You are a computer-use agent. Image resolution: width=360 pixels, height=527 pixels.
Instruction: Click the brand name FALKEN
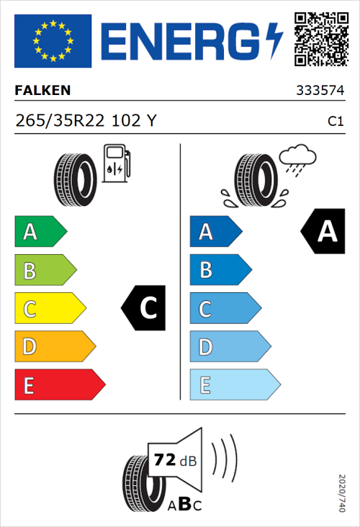pyautogui.click(x=43, y=91)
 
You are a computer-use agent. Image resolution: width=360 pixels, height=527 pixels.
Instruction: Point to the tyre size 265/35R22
pyautogui.click(x=63, y=121)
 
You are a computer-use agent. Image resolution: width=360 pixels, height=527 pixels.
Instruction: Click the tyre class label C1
pyautogui.click(x=335, y=122)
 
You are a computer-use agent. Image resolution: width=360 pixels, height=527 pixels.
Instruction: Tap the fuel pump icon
pyautogui.click(x=116, y=163)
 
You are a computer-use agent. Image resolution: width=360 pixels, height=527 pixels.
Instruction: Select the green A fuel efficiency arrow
pyautogui.click(x=40, y=232)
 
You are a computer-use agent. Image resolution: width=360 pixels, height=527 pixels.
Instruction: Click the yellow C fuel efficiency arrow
pyautogui.click(x=49, y=309)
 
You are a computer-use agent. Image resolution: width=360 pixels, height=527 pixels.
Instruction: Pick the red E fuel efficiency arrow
pyautogui.click(x=59, y=385)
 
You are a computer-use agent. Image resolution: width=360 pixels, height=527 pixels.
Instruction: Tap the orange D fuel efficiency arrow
pyautogui.click(x=54, y=347)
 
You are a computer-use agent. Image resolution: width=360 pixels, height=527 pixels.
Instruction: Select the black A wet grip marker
pyautogui.click(x=321, y=232)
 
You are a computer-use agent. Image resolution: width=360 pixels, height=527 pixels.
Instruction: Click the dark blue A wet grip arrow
pyautogui.click(x=215, y=232)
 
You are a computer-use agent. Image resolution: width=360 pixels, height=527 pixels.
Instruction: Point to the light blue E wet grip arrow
pyautogui.click(x=234, y=385)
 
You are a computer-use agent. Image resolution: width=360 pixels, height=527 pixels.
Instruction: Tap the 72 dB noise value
pyautogui.click(x=175, y=460)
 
